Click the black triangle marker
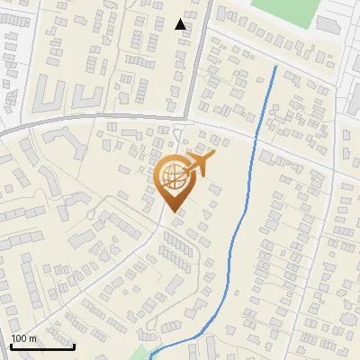[x=181, y=24]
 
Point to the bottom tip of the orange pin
[x=171, y=211]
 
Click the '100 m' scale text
[x=23, y=338]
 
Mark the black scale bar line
[x=41, y=346]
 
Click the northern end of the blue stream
[x=274, y=67]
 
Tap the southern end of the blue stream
[x=150, y=357]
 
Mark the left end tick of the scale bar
[x=11, y=345]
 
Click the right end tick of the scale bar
[x=73, y=345]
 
